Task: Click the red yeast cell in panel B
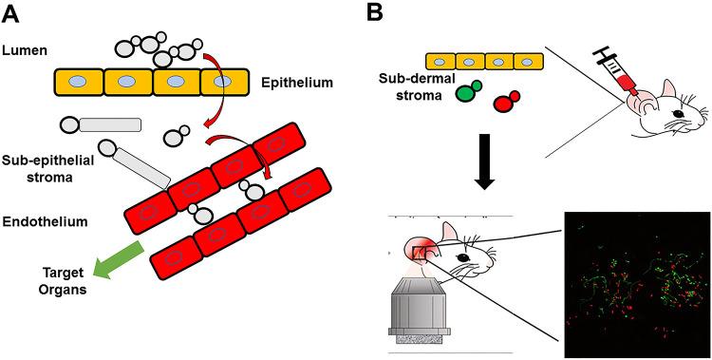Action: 506,101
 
